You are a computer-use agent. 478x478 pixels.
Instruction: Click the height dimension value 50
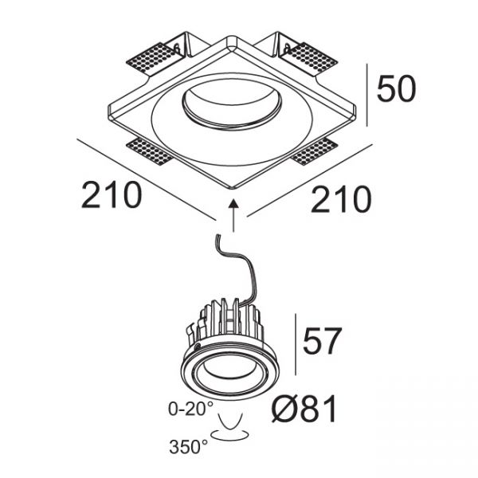click(396, 88)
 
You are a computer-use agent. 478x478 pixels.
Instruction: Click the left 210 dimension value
click(112, 195)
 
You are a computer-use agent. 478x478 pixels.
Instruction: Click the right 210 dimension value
click(341, 200)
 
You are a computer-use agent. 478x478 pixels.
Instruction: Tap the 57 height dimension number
click(321, 341)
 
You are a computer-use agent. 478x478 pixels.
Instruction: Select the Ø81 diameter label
click(304, 409)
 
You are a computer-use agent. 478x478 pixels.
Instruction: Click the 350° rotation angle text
click(188, 447)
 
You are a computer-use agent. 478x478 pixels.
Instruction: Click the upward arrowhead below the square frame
click(233, 203)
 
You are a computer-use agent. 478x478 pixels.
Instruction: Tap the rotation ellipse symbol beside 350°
click(230, 435)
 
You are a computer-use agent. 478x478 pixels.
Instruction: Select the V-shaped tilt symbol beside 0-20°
click(230, 421)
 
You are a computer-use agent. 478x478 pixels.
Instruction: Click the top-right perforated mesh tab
click(309, 58)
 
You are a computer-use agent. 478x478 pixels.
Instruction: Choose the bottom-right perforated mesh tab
click(313, 151)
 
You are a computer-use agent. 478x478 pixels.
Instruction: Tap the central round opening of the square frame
click(231, 108)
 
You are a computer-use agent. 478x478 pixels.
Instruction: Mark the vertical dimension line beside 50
click(367, 95)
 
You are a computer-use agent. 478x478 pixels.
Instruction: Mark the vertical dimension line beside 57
click(296, 344)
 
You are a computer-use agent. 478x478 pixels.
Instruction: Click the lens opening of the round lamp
click(229, 373)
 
